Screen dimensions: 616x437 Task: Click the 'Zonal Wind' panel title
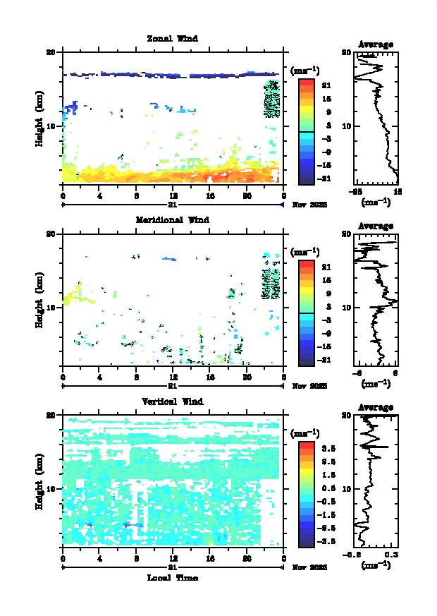tap(172, 38)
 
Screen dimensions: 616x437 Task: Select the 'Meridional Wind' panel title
tap(172, 219)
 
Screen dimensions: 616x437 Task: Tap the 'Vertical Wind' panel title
tap(172, 401)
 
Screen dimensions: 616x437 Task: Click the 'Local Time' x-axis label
tap(172, 578)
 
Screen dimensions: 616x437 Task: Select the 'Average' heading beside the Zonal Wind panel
tap(376, 44)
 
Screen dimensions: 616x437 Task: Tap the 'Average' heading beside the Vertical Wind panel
tap(376, 408)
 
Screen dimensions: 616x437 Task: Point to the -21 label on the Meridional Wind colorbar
tap(326, 361)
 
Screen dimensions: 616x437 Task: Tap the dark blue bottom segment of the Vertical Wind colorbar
tap(306, 542)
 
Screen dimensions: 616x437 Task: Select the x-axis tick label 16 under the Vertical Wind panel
tap(210, 559)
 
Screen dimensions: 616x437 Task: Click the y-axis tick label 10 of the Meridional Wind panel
tap(51, 307)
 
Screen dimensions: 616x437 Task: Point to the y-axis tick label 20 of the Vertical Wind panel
tap(51, 415)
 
